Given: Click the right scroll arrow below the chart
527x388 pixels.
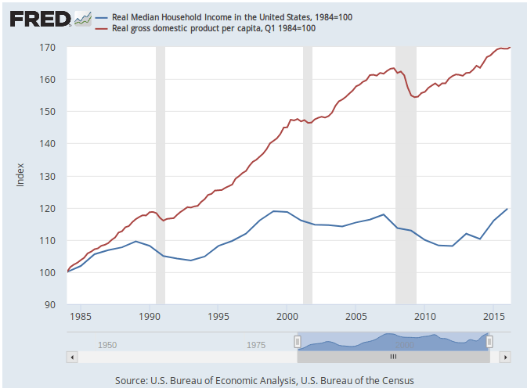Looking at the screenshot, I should [505, 356].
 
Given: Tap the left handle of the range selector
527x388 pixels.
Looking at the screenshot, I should [297, 341].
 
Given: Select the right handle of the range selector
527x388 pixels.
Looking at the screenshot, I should [489, 341].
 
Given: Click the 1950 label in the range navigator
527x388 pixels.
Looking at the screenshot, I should [107, 345].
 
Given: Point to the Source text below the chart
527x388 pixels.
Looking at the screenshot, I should [263, 380].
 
